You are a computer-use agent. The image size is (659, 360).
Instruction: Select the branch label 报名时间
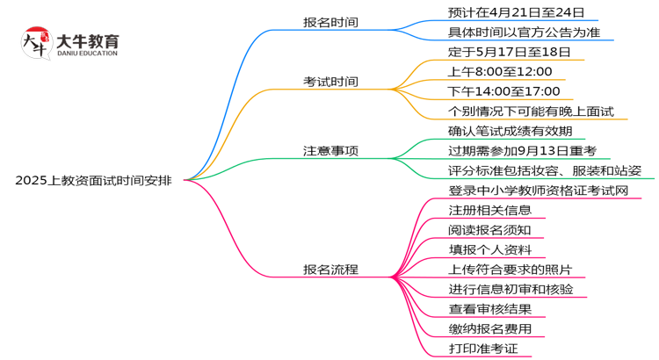pos(329,22)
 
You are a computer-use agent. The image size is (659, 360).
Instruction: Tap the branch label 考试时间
pos(329,82)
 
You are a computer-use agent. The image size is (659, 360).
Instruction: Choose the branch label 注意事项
pos(329,150)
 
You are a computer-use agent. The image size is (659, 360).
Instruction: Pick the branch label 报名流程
pos(329,270)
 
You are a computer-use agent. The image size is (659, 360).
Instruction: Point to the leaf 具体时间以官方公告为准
pos(525,32)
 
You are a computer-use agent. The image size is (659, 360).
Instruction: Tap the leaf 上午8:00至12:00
pos(500,71)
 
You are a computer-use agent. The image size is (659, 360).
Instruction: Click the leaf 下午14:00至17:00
pos(505,91)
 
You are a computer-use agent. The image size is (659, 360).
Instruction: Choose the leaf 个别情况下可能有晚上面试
pos(531,111)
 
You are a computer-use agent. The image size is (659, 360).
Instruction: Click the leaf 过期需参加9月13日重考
pos(523,150)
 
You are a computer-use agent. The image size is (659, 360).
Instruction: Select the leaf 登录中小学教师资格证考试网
pos(538,190)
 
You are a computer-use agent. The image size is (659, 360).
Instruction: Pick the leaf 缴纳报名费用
pos(489,329)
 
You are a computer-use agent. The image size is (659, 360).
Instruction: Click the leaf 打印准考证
pos(483,349)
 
